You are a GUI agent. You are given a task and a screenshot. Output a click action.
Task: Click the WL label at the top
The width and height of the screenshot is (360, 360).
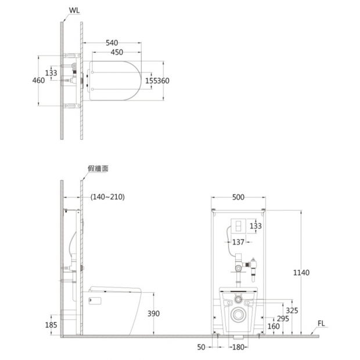(x=74, y=10)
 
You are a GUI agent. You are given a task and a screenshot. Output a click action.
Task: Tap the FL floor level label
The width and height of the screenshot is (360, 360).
(x=321, y=323)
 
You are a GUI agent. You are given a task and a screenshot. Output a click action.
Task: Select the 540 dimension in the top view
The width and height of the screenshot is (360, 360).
(x=112, y=43)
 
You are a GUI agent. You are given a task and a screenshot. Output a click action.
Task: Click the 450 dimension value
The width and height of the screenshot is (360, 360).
(x=117, y=52)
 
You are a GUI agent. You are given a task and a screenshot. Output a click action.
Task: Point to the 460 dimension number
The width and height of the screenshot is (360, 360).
(x=38, y=80)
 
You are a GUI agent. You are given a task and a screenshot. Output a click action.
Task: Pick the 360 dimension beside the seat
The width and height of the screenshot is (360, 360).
(x=163, y=81)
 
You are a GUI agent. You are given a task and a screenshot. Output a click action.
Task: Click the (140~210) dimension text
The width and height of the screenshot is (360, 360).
(x=107, y=197)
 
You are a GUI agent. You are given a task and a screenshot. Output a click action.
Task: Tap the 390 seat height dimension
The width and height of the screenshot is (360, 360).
(x=153, y=314)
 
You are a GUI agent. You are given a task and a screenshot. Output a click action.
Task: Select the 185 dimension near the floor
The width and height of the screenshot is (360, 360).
(x=51, y=325)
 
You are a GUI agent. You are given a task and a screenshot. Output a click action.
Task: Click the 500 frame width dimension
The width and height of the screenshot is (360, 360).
(x=238, y=197)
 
